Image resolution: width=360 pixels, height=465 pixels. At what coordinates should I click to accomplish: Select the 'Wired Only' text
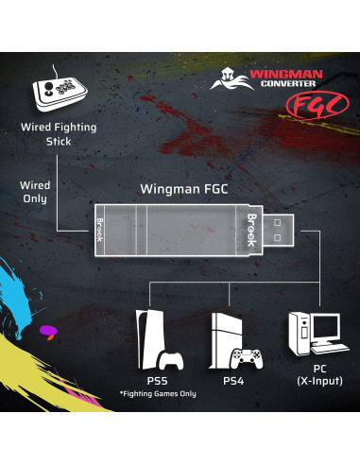36,193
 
